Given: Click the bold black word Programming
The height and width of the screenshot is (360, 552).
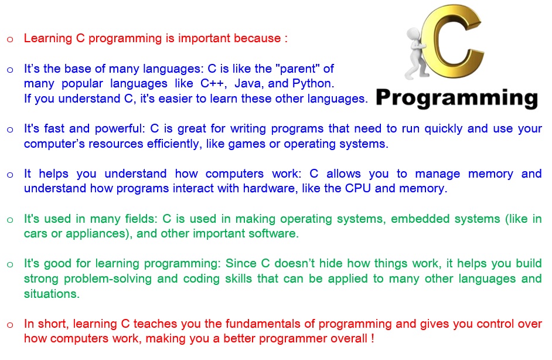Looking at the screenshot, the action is [457, 99].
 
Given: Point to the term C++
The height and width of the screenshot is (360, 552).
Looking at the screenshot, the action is [213, 83].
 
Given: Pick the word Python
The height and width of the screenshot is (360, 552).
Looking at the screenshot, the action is [313, 83].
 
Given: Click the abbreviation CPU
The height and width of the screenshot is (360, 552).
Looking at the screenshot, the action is [357, 188].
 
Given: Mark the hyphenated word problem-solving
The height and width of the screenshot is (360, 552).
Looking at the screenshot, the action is [108, 279].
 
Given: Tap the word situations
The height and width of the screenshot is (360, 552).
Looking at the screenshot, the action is [52, 293].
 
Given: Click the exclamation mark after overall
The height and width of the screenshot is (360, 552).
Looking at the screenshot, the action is [373, 338].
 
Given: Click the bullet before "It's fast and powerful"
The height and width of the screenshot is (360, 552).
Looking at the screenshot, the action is [10, 130].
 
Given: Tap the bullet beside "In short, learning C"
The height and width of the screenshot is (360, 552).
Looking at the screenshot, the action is [10, 325].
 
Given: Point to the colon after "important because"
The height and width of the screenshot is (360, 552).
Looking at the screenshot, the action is [286, 39].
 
